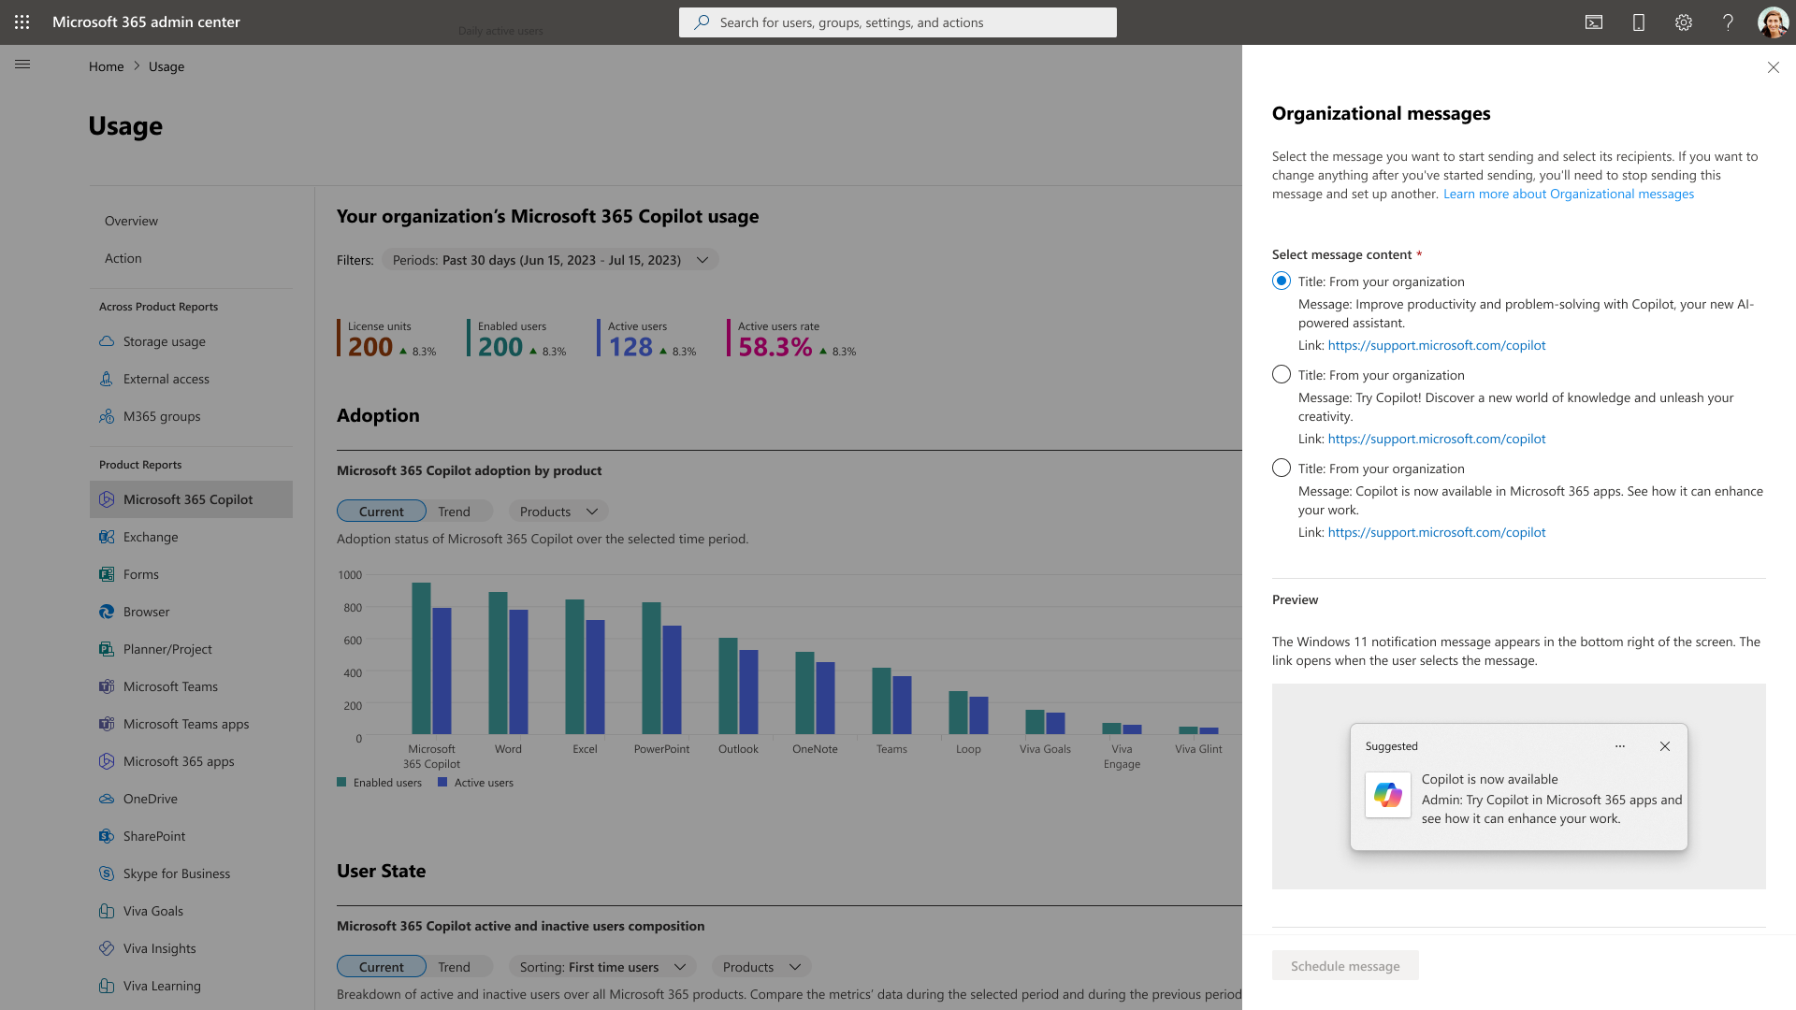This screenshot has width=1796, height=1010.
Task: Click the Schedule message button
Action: click(1345, 966)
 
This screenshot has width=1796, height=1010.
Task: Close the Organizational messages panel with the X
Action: click(1773, 67)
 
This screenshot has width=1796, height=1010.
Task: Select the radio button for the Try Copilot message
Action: click(1282, 375)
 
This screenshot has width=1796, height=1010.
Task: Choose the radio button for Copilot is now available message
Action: click(1282, 469)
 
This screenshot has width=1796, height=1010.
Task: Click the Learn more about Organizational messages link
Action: click(1569, 194)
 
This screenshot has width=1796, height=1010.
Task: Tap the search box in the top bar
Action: click(898, 22)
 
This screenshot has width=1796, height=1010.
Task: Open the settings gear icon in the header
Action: click(1684, 22)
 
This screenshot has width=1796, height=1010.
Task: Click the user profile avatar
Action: click(1773, 22)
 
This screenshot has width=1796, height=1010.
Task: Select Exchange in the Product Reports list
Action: click(151, 537)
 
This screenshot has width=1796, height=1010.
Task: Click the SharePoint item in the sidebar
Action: click(154, 836)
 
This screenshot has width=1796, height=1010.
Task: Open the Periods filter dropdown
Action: click(550, 260)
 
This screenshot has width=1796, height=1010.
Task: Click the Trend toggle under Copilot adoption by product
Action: click(454, 512)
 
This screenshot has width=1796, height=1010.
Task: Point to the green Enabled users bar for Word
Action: click(498, 663)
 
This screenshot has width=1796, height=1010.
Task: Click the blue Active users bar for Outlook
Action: click(748, 692)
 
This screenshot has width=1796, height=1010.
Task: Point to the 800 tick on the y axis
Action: click(353, 608)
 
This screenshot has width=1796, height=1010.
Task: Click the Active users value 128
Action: click(630, 347)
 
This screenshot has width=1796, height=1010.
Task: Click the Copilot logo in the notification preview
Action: click(1388, 795)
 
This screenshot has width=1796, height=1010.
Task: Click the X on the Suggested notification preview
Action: click(1665, 746)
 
